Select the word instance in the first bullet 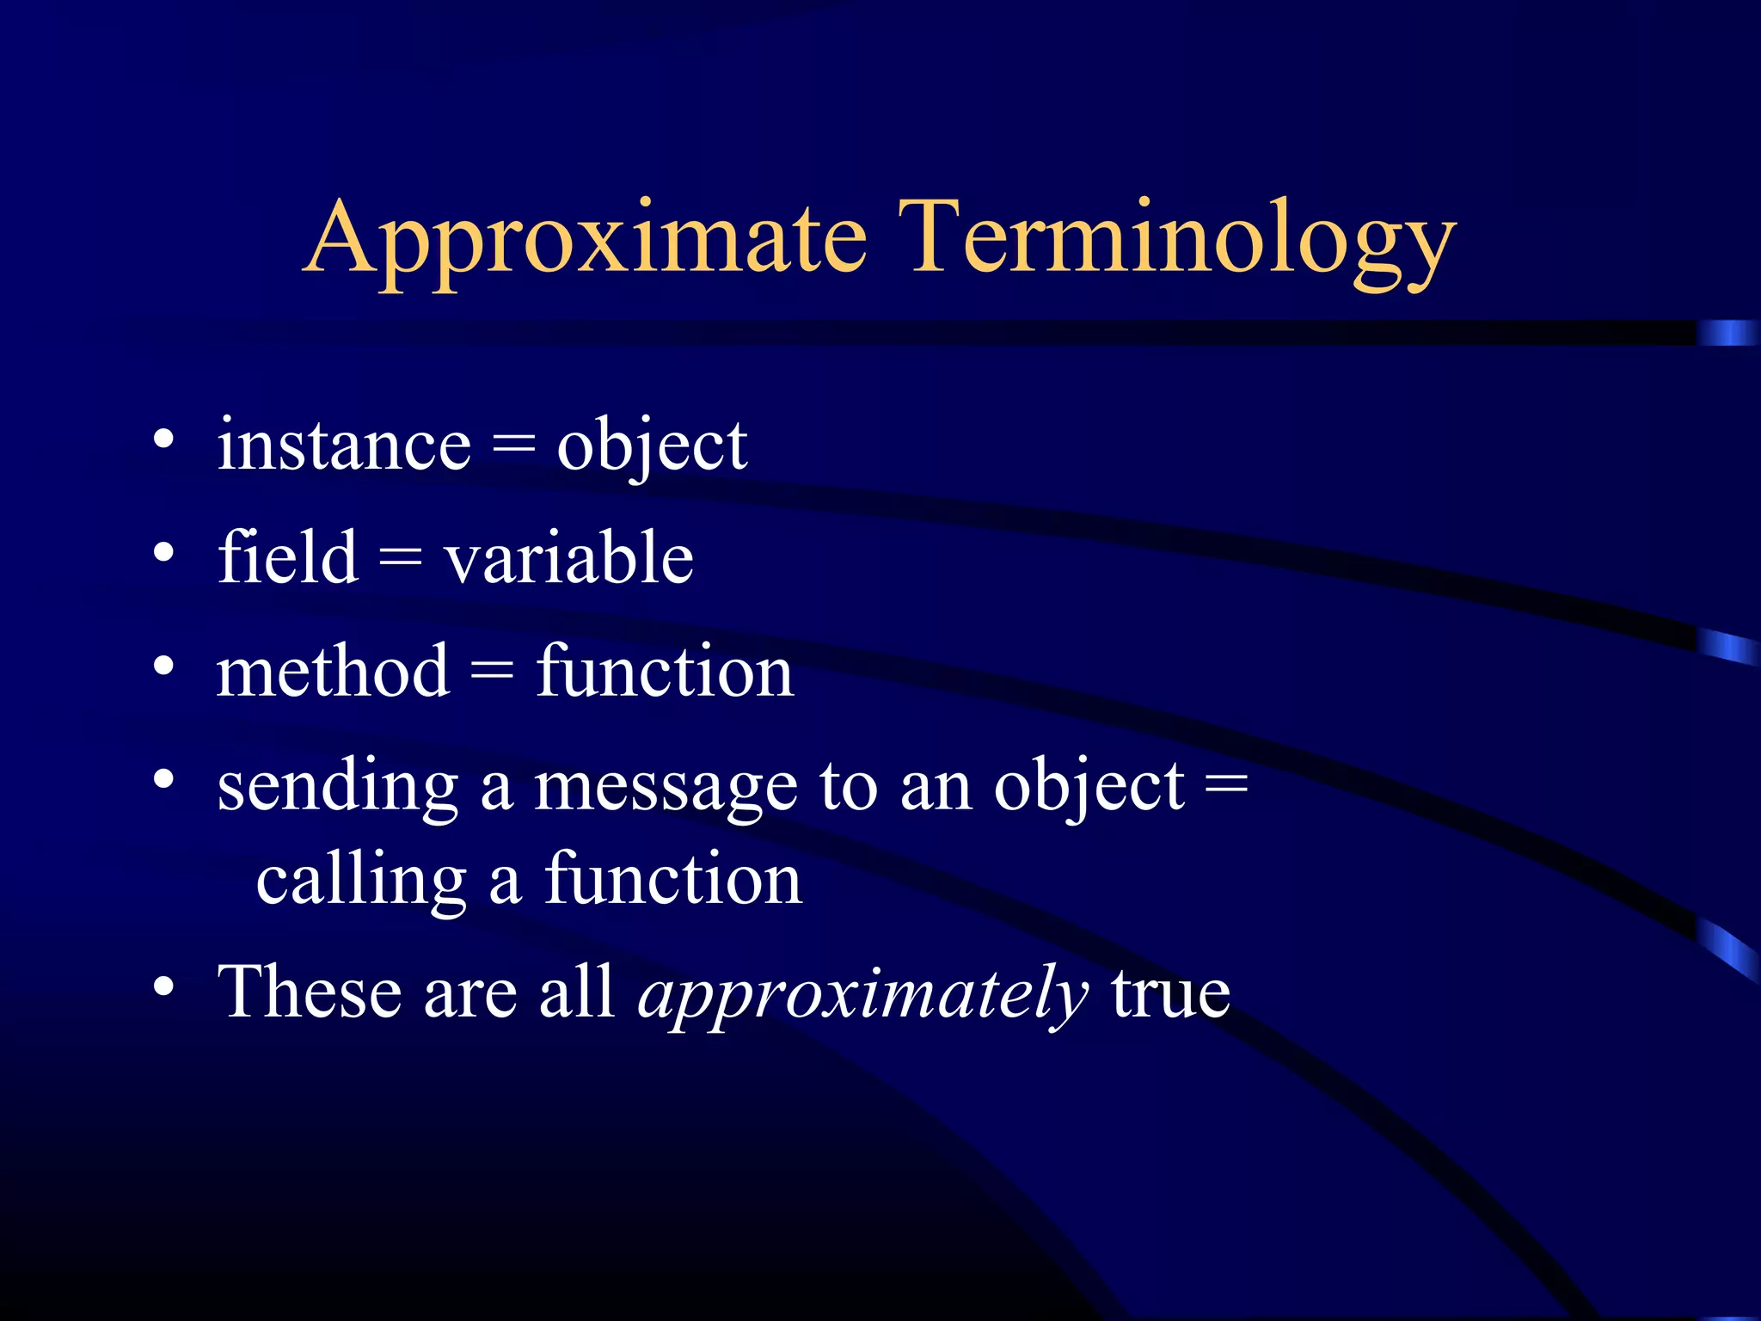pos(344,445)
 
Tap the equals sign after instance pos(513,446)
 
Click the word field pos(287,557)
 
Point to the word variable pos(568,557)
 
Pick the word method pos(333,671)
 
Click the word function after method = pos(665,671)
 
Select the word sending pos(337,787)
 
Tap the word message pos(666,787)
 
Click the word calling pos(361,880)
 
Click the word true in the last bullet pos(1170,992)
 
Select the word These pos(310,992)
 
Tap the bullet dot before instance pos(163,440)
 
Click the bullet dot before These pos(163,986)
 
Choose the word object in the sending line pos(1089,787)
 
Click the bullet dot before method pos(163,666)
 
